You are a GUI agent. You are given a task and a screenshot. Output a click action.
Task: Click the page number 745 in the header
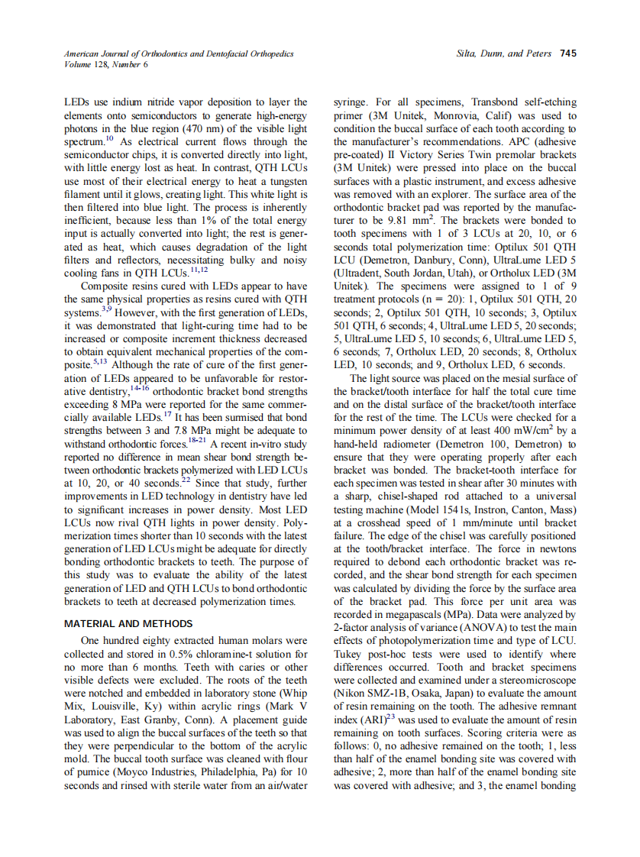[567, 53]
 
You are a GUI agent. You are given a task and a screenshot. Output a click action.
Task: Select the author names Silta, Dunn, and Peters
[505, 53]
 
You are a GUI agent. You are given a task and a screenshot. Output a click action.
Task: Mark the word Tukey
[351, 654]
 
